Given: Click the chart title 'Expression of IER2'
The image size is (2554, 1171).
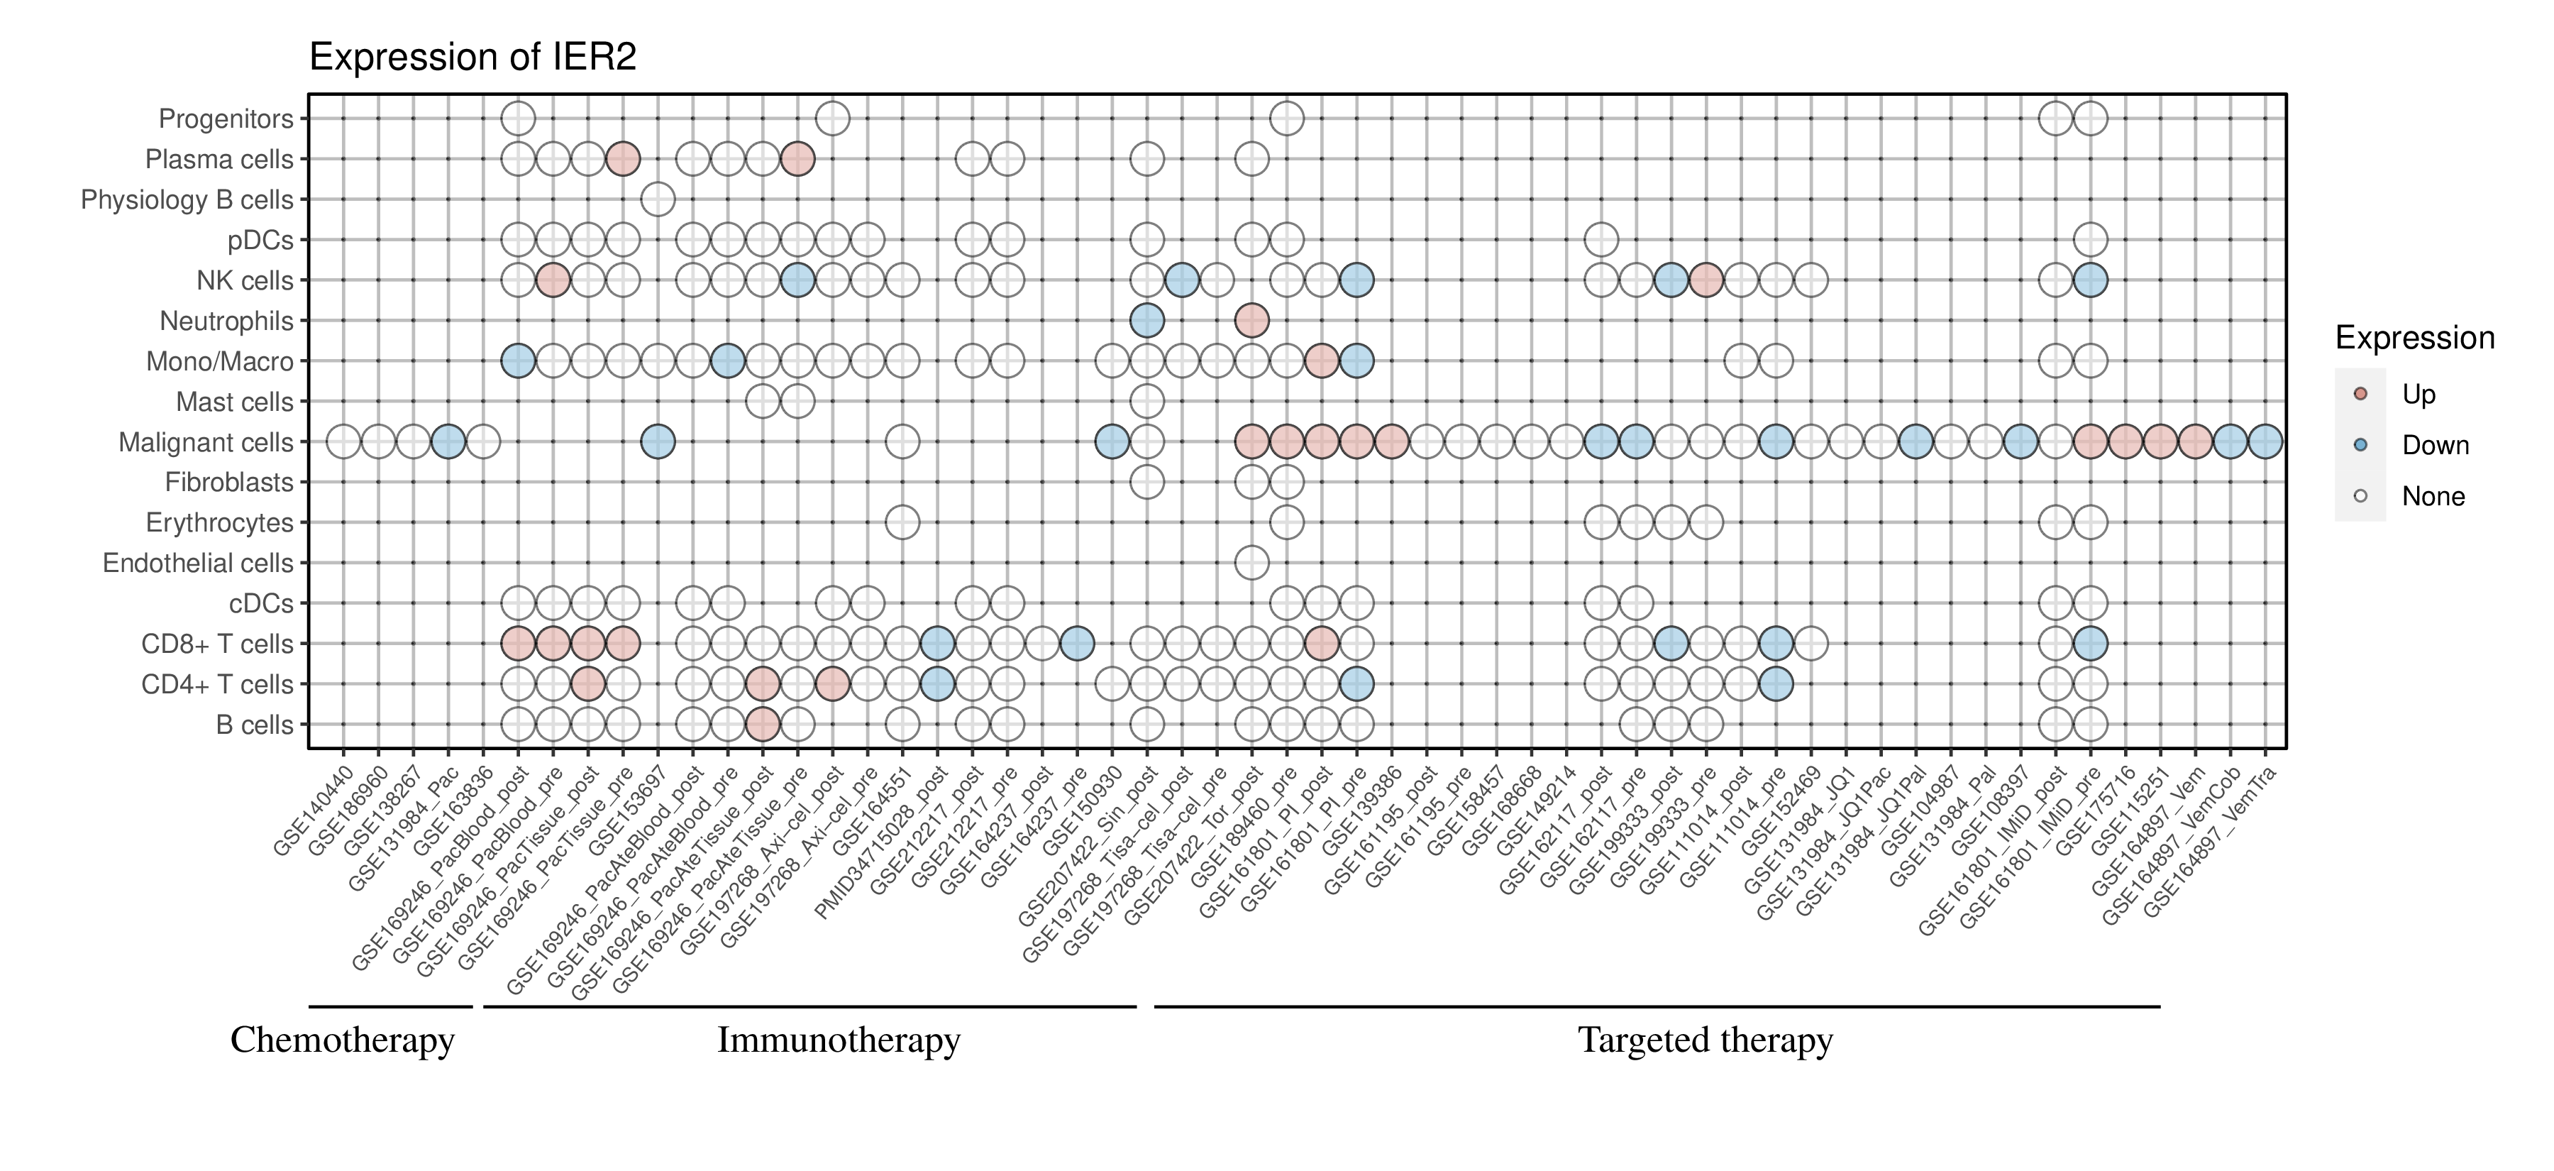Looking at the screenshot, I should coord(473,57).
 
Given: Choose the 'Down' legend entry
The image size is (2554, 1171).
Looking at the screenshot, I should coord(2434,445).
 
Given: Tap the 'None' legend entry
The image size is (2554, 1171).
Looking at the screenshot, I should coord(2432,497).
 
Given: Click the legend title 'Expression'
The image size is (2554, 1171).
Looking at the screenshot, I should coord(2414,338).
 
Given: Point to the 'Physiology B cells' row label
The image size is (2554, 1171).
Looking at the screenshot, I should coord(187,200).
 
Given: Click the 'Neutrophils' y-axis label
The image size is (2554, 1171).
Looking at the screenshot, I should coord(227,321).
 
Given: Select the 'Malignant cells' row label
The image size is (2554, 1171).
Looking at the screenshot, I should coord(206,442).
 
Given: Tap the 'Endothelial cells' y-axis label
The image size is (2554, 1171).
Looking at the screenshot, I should coord(199,563).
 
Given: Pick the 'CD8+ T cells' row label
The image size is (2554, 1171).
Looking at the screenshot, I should coord(217,644).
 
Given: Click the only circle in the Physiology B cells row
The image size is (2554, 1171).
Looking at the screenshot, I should coord(658,199).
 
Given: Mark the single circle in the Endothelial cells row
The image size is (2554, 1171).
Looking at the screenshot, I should coord(1251,563).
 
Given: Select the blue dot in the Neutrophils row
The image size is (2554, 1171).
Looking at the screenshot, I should coord(1146,320).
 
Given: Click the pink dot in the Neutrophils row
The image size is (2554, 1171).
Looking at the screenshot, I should coord(1251,320).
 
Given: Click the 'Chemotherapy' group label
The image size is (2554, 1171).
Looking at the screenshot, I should coord(342,1040).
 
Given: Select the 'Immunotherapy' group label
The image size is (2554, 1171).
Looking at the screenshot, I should coord(839,1040).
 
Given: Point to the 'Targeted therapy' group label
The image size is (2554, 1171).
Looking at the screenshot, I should coord(1706,1040).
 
